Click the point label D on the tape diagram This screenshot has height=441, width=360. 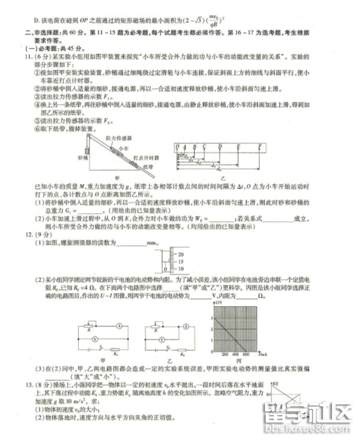223,148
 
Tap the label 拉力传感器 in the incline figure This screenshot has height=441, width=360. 118,139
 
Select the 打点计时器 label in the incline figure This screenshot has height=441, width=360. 146,158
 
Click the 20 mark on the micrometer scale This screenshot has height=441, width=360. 180,254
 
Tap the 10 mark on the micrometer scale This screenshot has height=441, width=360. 180,269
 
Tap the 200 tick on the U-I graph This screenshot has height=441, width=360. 224,353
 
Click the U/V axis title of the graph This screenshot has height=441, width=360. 219,302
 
